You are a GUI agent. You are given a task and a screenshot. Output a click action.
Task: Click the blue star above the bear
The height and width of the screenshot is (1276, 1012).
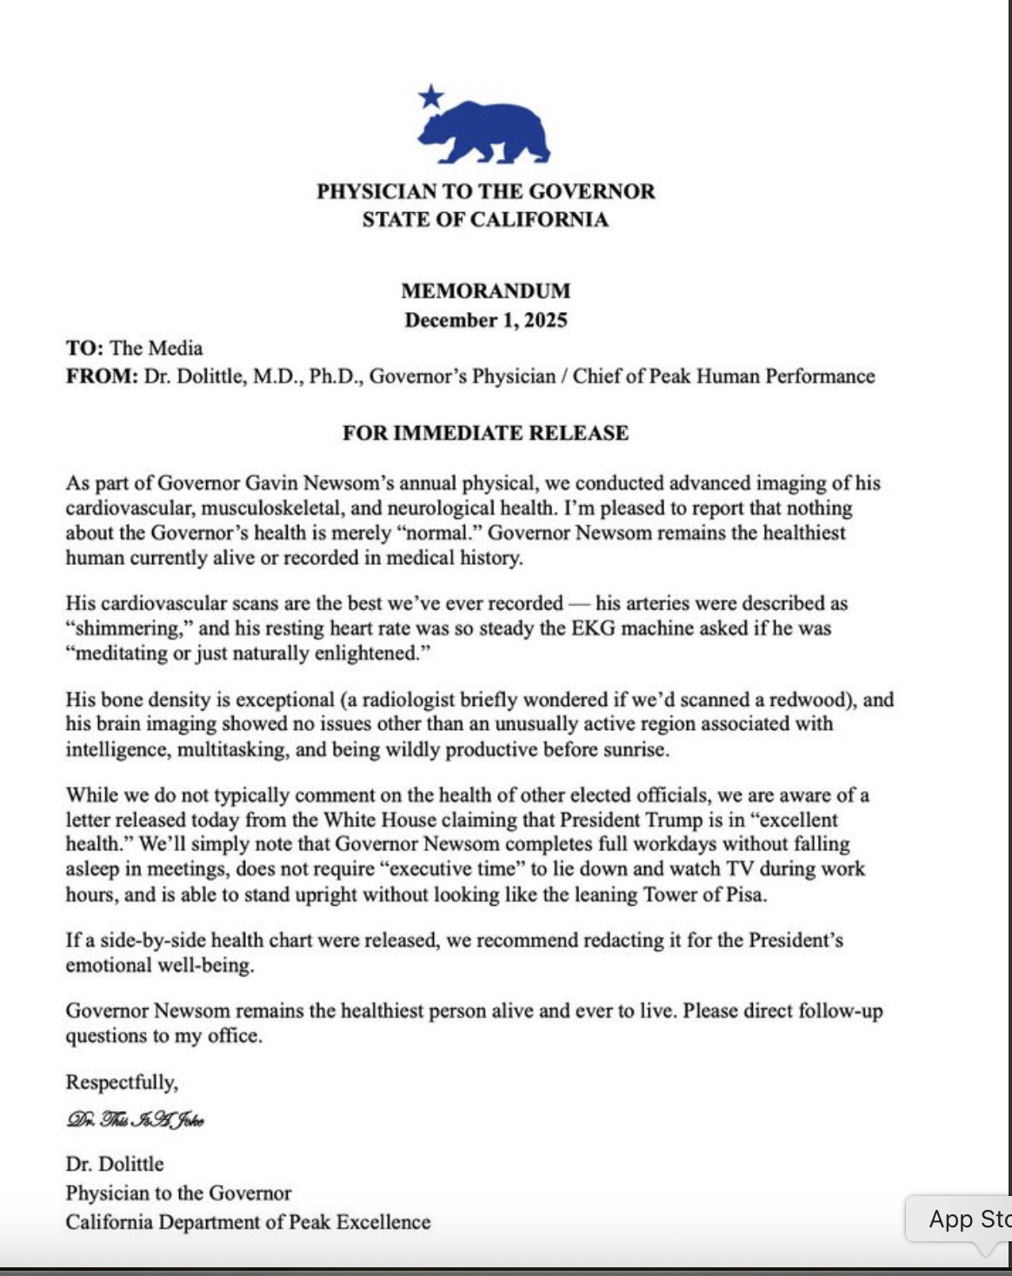click(430, 96)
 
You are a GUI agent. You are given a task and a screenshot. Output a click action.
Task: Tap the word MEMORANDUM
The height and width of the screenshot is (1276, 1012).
click(486, 291)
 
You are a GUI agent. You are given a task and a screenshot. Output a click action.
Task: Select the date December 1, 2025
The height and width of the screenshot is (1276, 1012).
click(486, 320)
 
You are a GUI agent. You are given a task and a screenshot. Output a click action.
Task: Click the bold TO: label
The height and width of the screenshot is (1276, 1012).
click(84, 349)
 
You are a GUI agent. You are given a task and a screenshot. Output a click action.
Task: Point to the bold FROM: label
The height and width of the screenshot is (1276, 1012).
click(101, 376)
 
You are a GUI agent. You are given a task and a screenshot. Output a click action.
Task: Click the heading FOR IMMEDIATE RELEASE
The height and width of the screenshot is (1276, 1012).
click(485, 433)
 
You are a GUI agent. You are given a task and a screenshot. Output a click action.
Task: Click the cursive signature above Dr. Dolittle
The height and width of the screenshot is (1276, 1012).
click(135, 1120)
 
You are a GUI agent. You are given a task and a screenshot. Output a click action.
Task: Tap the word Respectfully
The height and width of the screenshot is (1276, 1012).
click(122, 1082)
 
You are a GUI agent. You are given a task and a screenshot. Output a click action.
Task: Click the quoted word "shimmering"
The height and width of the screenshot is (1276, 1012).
click(129, 628)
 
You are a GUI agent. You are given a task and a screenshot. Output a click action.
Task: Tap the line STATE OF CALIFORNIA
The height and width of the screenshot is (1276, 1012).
click(485, 219)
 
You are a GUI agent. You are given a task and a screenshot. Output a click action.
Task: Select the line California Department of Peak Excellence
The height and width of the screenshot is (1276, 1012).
click(248, 1222)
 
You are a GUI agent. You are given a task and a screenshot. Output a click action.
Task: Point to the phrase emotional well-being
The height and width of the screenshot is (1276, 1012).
click(159, 966)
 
